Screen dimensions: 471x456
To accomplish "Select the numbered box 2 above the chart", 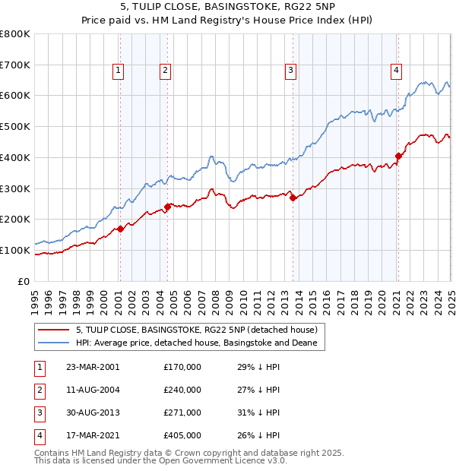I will [x=166, y=71].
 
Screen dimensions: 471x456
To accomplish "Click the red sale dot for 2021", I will [x=397, y=156].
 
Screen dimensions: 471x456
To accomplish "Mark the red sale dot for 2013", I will [x=293, y=198].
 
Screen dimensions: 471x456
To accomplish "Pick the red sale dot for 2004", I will [x=167, y=207].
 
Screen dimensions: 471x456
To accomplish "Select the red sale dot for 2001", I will [x=120, y=229].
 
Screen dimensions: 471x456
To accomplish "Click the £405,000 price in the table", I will [x=182, y=435].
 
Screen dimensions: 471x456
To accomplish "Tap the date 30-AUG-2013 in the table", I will [x=93, y=413].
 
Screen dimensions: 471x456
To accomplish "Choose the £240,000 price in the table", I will [x=182, y=390].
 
